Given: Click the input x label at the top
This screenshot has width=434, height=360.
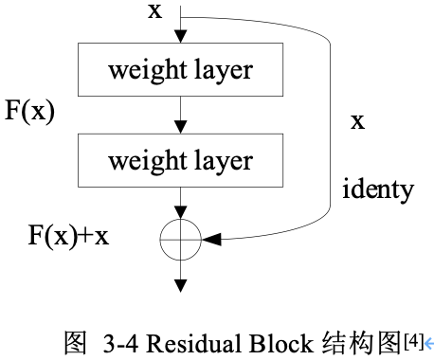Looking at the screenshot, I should [154, 10].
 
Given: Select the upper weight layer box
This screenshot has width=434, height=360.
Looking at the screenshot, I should [180, 71].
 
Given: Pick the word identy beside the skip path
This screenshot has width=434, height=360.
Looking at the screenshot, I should [378, 189].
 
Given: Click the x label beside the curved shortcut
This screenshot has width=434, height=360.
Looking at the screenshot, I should [358, 121].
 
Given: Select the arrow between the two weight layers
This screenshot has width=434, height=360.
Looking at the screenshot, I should [181, 116].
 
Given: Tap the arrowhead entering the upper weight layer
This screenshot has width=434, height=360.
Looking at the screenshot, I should [181, 36].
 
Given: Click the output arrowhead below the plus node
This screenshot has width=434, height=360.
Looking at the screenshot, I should [181, 285].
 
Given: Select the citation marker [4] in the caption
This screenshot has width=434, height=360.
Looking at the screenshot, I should [413, 337].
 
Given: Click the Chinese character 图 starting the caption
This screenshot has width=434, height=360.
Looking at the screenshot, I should [73, 340].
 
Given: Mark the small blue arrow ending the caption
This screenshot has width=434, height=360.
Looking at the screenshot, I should [429, 342].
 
